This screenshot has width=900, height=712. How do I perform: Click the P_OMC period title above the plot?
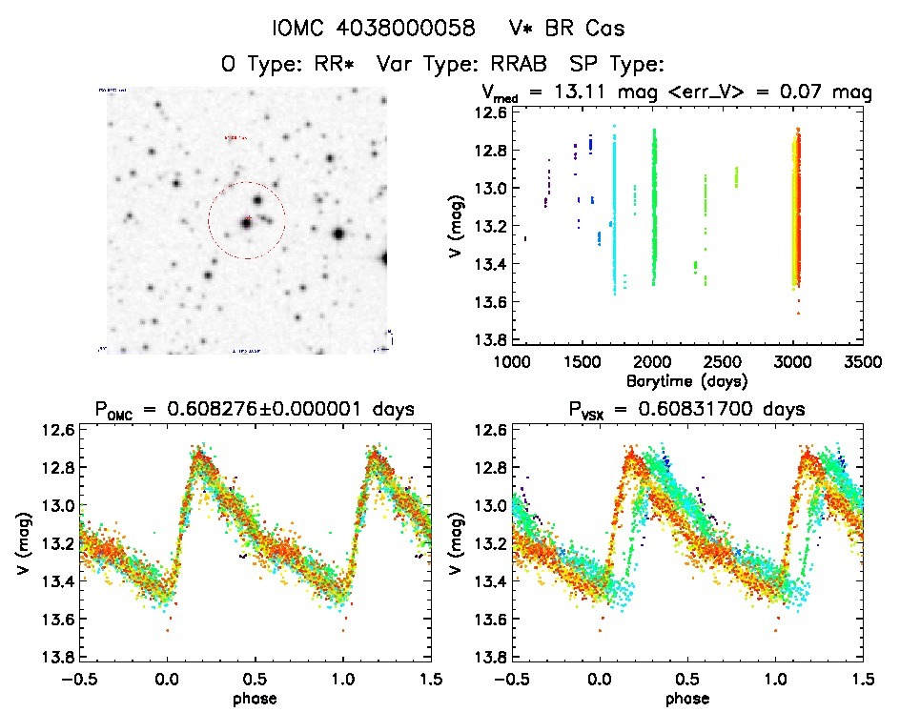click(x=255, y=411)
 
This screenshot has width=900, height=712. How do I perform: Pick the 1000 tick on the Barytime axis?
click(x=513, y=362)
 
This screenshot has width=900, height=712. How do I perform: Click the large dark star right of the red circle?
click(x=338, y=234)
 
